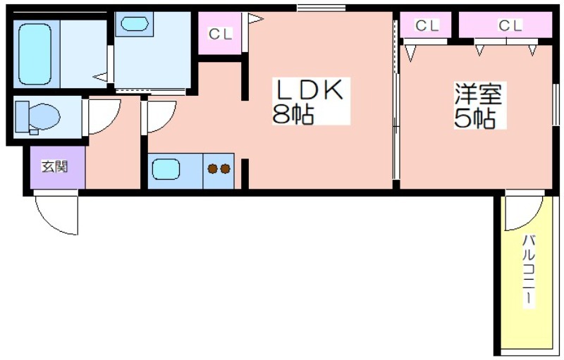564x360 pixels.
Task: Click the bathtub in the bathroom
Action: pyautogui.click(x=35, y=54)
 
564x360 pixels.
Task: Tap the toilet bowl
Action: pyautogui.click(x=44, y=116)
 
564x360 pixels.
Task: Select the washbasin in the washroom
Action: pyautogui.click(x=135, y=24)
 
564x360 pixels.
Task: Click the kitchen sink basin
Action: pyautogui.click(x=166, y=169)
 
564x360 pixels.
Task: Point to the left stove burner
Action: pyautogui.click(x=213, y=168)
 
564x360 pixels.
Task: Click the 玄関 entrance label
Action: pyautogui.click(x=55, y=167)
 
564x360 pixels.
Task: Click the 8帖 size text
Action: pyautogui.click(x=293, y=115)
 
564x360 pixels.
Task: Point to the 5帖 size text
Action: pyautogui.click(x=474, y=118)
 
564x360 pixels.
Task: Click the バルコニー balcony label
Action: pyautogui.click(x=528, y=271)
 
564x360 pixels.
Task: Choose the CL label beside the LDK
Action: pyautogui.click(x=220, y=34)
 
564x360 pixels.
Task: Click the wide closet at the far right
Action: pyautogui.click(x=505, y=25)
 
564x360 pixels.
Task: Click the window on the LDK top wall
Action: pyautogui.click(x=321, y=8)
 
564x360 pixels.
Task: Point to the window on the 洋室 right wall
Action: pyautogui.click(x=556, y=104)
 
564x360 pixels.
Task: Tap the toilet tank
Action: pyautogui.click(x=23, y=116)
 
